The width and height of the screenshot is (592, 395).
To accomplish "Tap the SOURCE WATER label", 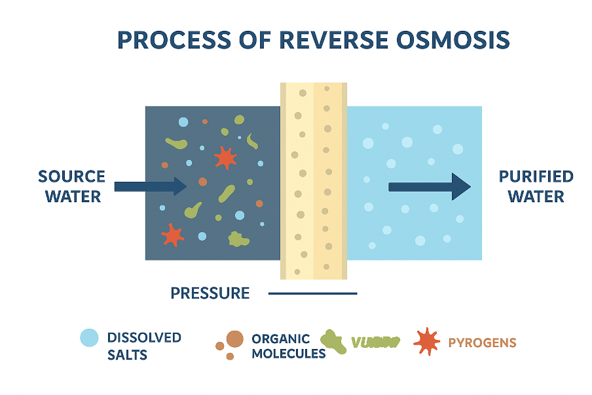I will [71, 186].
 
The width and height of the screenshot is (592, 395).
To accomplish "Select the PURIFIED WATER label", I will [536, 186].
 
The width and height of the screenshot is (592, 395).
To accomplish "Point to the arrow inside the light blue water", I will [430, 187].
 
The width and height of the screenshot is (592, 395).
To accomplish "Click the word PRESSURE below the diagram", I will [210, 293].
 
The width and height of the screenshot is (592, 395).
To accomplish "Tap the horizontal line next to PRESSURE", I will [312, 293].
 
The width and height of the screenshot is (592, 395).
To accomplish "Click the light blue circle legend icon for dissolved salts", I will [89, 338].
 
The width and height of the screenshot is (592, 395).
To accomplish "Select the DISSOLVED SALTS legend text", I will [143, 346].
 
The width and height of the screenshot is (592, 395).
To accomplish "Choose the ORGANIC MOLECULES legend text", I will [288, 346].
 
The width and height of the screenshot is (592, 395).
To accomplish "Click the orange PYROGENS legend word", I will [482, 343].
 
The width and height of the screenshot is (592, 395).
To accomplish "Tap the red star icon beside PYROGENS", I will [426, 341].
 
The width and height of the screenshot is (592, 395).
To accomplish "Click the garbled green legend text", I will [375, 343].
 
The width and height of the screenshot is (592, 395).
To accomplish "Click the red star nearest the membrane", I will [225, 157].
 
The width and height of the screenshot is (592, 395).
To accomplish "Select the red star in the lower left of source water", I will [172, 234].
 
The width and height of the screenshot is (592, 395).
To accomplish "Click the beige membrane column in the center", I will [313, 180].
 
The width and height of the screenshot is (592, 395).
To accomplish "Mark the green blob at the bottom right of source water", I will [238, 239].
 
